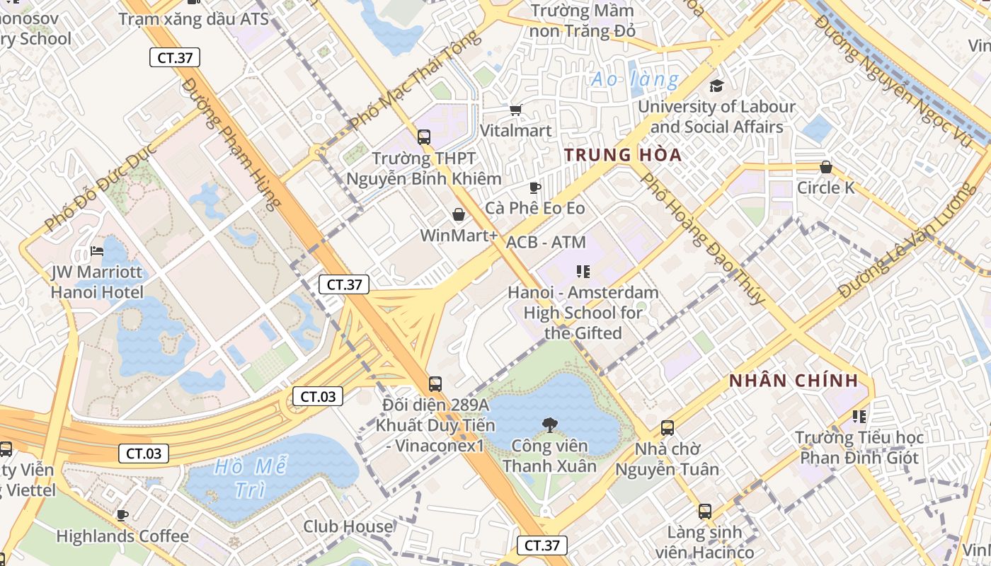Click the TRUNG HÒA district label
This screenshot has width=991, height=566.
(x=623, y=155)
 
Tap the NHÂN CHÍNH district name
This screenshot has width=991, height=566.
(x=794, y=381)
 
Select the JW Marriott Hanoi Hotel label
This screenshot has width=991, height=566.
(x=97, y=282)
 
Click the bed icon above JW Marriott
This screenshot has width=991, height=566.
(x=97, y=251)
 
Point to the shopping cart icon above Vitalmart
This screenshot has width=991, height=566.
(x=515, y=110)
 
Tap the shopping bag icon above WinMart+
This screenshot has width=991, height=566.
(x=458, y=214)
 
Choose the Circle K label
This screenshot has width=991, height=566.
(x=825, y=187)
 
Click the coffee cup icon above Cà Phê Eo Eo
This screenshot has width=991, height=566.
(x=535, y=187)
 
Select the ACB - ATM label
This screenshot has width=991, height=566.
(x=546, y=242)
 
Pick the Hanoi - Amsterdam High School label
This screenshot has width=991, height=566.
(x=583, y=312)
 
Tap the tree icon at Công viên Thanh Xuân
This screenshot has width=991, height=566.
(x=549, y=424)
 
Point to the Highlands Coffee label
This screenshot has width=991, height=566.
(x=122, y=536)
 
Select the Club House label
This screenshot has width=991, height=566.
(x=348, y=526)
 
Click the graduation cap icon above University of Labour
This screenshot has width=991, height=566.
(x=716, y=86)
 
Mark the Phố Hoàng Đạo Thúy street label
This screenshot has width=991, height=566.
(x=702, y=238)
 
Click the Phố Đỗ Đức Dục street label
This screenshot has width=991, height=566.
(x=99, y=190)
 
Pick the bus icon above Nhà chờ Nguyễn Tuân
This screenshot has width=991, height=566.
(x=668, y=427)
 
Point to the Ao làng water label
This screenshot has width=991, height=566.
(x=635, y=79)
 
